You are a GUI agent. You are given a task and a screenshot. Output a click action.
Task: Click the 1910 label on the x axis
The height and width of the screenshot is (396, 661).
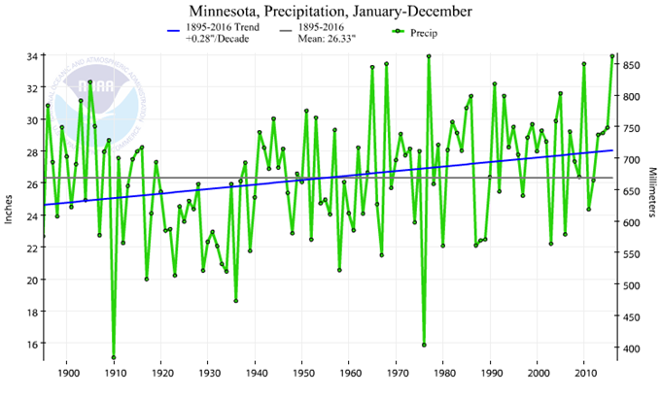coord(114,373)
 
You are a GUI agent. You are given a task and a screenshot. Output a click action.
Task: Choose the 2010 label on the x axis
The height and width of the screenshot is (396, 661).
coord(584,373)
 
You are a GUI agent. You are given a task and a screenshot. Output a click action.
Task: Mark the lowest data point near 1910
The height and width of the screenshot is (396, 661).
coord(114,357)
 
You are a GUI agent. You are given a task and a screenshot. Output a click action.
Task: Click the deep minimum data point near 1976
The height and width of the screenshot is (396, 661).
coord(424,345)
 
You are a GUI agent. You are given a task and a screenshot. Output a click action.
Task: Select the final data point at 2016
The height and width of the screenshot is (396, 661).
coord(612,56)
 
